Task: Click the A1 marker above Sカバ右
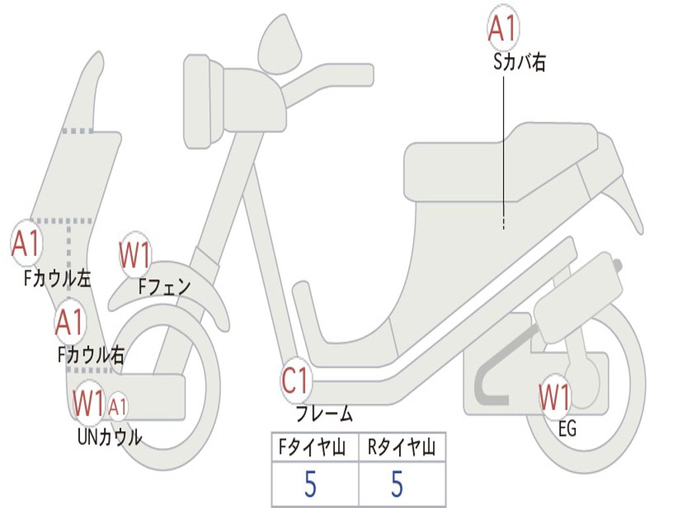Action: pos(503,28)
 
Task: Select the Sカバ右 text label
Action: pos(519,63)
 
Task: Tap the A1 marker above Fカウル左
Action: pos(26,243)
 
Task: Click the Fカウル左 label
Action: pos(58,278)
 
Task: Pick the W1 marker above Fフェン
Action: pos(135,255)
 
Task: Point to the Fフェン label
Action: pos(164,286)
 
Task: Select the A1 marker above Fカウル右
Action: pos(70,322)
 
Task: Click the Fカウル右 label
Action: pos(91,355)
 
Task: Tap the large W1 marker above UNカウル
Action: pos(88,403)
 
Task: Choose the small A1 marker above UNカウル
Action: pos(117,406)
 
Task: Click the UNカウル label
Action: pos(110,437)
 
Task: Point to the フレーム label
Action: pos(324,413)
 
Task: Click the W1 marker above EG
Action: pos(555,397)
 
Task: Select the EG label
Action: pos(567,429)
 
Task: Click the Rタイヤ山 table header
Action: pos(401,447)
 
